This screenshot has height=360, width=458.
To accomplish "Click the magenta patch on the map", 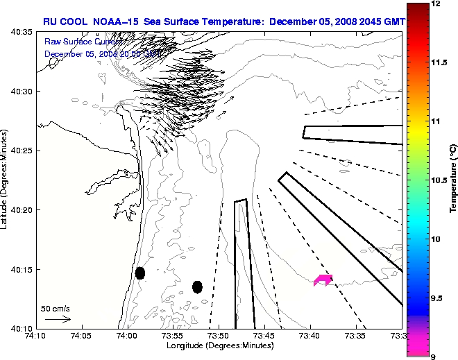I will tap(323, 280).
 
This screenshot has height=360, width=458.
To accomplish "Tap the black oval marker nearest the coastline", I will tap(140, 273).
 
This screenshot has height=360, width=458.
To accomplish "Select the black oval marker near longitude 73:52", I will tap(198, 286).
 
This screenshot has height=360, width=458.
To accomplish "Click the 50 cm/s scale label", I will tap(56, 308).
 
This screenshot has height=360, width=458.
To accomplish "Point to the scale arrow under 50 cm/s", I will tap(58, 319).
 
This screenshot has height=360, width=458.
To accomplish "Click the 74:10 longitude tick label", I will tap(36, 336).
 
